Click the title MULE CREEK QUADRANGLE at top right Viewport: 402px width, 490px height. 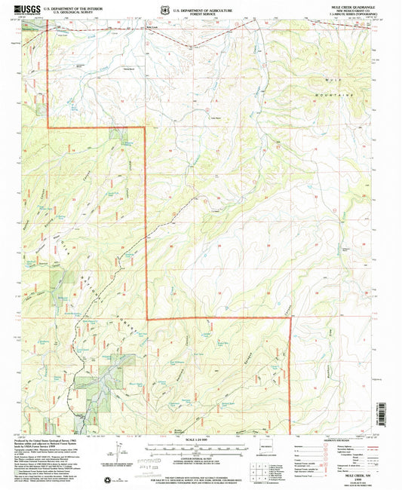click(356, 5)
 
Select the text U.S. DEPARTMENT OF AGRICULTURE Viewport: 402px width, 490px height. click(201, 7)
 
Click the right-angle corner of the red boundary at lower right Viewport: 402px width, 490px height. click(290, 319)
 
